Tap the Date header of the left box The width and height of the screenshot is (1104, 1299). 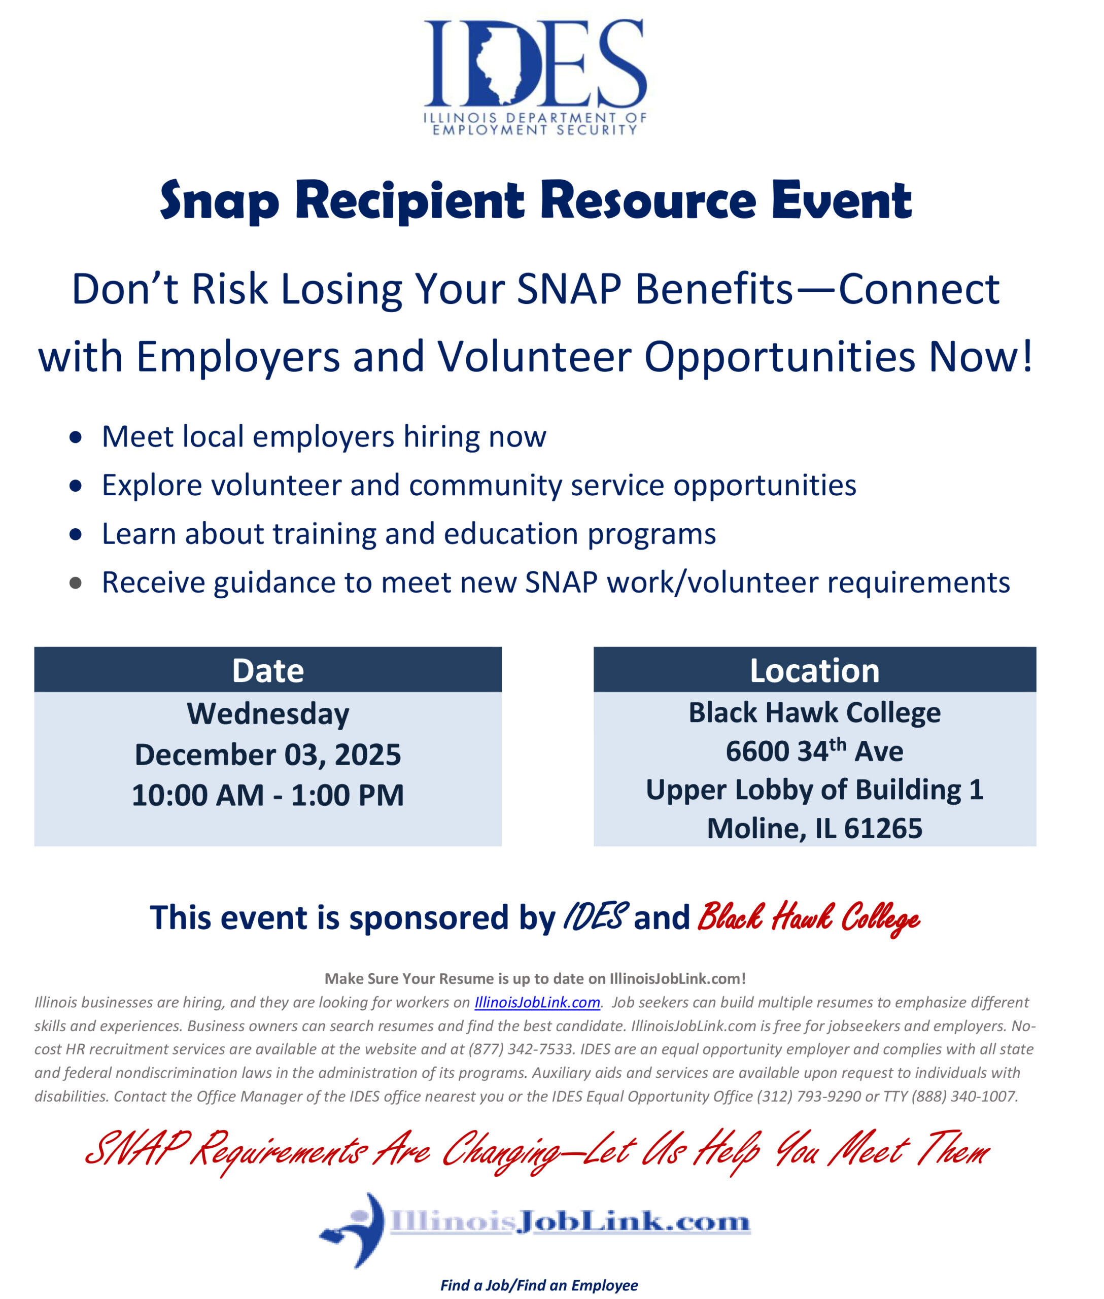point(268,670)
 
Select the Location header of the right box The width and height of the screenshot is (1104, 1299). point(814,670)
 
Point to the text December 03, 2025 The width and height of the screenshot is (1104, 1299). point(268,755)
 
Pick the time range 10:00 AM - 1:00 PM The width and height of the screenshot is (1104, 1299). point(268,795)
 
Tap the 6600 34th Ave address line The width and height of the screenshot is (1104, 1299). point(814,751)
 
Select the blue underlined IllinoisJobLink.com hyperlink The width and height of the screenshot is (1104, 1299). point(537,1002)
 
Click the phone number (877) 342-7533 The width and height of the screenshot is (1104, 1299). point(521,1049)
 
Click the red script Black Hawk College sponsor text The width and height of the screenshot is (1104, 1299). point(808,918)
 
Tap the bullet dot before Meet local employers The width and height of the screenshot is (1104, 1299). point(76,437)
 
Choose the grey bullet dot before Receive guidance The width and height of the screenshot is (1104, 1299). point(76,584)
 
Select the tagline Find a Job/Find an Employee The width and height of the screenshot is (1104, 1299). point(539,1285)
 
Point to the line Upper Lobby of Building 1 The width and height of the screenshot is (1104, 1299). point(814,790)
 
